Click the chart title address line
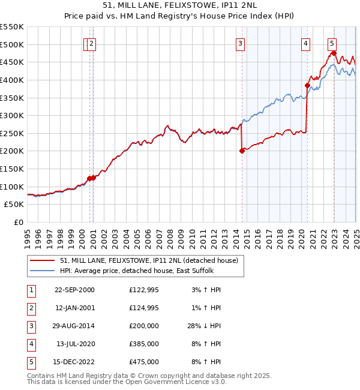click(180, 5)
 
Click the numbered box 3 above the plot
click(240, 43)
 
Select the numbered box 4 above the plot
click(305, 43)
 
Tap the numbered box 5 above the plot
click(332, 43)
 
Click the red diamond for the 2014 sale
click(242, 151)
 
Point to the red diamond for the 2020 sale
click(307, 85)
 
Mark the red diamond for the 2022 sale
click(334, 53)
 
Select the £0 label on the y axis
click(18, 222)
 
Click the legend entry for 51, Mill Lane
click(149, 260)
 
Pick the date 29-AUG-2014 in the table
click(74, 326)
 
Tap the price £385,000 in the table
click(144, 344)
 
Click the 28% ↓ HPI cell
click(205, 326)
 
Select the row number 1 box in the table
click(30, 290)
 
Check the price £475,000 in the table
click(144, 362)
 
